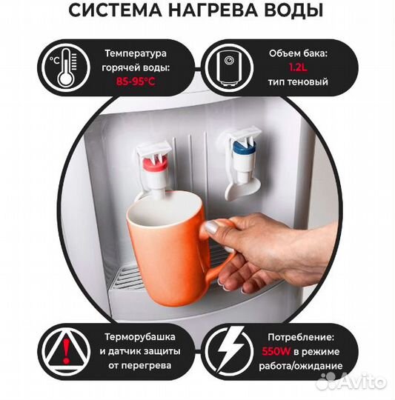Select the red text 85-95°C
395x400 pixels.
[136, 82]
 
